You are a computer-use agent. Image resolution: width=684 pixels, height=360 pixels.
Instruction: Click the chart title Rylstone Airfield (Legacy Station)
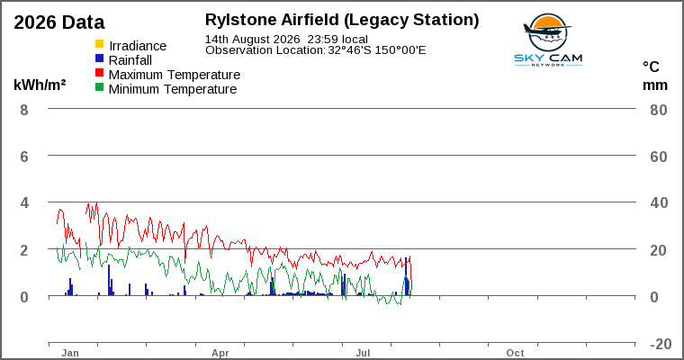click(342, 20)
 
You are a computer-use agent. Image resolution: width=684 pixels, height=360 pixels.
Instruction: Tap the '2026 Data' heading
click(59, 22)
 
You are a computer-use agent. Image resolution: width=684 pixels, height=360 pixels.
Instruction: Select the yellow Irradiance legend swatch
click(100, 44)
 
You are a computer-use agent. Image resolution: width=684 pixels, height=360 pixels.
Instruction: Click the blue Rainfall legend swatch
click(100, 58)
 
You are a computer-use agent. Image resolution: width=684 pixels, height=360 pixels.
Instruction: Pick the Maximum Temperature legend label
click(175, 75)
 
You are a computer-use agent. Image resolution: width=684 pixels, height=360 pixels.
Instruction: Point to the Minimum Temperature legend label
click(173, 89)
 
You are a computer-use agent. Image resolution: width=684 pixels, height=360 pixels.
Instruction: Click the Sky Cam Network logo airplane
click(547, 31)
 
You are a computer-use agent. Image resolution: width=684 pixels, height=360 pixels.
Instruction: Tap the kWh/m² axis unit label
click(40, 85)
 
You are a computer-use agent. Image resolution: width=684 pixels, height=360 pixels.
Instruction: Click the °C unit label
click(651, 67)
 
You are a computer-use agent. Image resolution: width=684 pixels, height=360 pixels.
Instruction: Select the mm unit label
click(655, 85)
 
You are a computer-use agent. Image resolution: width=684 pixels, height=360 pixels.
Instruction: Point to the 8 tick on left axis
click(24, 110)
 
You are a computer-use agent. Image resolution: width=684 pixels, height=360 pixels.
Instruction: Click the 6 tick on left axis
click(24, 157)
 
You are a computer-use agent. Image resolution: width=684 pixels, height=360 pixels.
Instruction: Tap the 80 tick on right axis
click(659, 110)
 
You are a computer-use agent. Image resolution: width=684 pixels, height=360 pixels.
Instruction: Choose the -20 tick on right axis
click(661, 344)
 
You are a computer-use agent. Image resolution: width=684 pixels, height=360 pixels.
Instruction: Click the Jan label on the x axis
click(70, 353)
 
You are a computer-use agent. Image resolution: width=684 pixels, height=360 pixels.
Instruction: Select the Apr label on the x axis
click(220, 353)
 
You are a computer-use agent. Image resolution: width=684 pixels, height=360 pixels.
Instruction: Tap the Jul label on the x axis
click(363, 353)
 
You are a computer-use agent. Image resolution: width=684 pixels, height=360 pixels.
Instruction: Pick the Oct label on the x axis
click(515, 353)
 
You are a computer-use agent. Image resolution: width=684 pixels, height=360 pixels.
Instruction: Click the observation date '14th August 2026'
click(253, 40)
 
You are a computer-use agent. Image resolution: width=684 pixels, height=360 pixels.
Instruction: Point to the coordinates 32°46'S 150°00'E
click(377, 50)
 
